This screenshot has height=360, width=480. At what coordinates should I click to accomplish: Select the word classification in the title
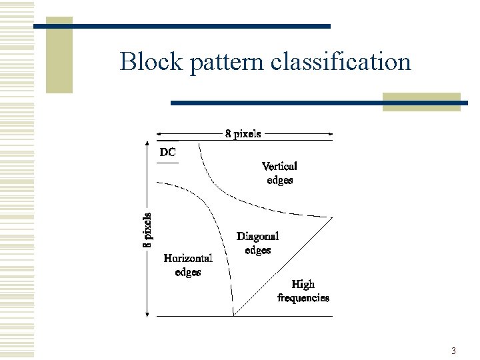pyautogui.click(x=341, y=62)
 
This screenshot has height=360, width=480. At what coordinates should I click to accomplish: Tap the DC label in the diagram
pyautogui.click(x=168, y=152)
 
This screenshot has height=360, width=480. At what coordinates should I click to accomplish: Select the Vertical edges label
pyautogui.click(x=279, y=173)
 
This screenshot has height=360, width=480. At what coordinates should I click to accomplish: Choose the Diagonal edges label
pyautogui.click(x=257, y=243)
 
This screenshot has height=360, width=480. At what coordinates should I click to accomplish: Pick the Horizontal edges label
pyautogui.click(x=188, y=265)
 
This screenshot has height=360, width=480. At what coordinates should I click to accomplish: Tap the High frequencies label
pyautogui.click(x=303, y=291)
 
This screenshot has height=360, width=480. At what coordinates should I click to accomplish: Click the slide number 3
pyautogui.click(x=453, y=351)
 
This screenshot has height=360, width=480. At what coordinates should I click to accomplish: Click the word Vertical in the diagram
pyautogui.click(x=279, y=166)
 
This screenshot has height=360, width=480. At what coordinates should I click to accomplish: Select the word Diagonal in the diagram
pyautogui.click(x=257, y=237)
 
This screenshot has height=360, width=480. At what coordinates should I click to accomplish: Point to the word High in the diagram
pyautogui.click(x=303, y=285)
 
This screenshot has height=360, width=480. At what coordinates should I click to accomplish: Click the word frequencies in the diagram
pyautogui.click(x=303, y=298)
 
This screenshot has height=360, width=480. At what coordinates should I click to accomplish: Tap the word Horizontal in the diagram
pyautogui.click(x=188, y=258)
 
